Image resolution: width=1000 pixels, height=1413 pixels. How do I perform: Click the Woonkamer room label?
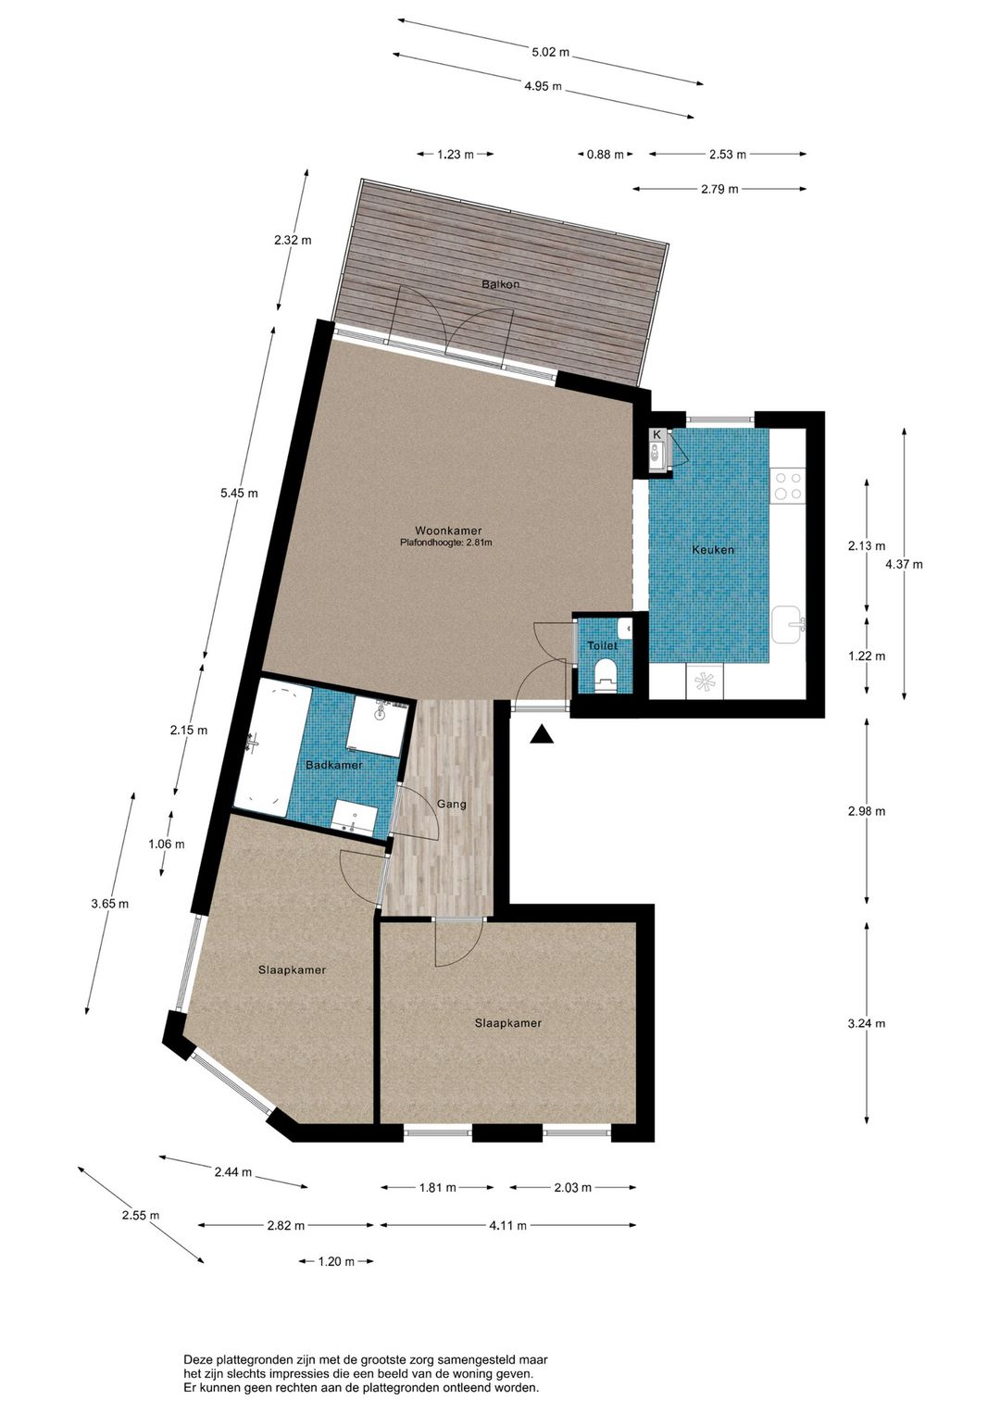point(448,531)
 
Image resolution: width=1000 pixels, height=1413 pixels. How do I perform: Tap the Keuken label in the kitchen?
point(713,549)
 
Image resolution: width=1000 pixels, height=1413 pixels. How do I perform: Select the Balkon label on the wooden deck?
point(500,284)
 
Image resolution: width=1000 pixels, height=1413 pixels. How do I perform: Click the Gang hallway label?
point(452,805)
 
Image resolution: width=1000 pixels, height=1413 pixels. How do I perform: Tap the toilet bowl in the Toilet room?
point(606,673)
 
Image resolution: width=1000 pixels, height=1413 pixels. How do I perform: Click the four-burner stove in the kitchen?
point(789,485)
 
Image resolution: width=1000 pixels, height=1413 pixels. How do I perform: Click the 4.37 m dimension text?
point(904,565)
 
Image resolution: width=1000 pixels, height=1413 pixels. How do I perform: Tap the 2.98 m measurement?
point(867,811)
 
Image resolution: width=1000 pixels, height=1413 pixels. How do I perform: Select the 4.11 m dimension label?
point(508,1226)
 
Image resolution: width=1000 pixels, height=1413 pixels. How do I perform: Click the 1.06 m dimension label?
point(167,844)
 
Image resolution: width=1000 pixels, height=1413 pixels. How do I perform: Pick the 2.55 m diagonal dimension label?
point(141,1215)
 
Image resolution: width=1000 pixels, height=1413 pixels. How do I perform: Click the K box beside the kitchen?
point(656,434)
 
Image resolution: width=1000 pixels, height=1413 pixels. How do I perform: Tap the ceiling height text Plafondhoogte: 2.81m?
point(445,542)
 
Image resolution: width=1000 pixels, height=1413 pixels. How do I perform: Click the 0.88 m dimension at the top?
point(605,155)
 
